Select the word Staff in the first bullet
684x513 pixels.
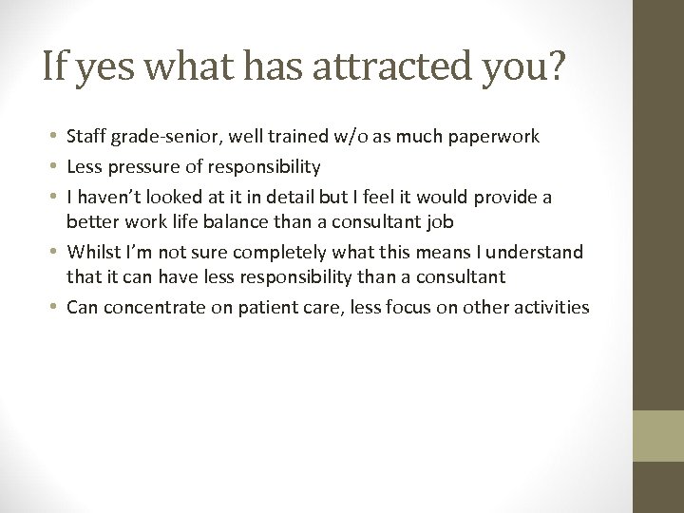(x=86, y=137)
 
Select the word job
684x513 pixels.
(x=442, y=221)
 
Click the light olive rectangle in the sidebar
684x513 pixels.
(x=658, y=435)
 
